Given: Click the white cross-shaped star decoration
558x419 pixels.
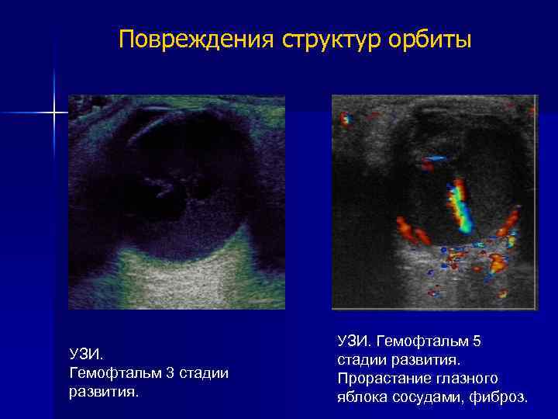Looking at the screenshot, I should tap(54, 113).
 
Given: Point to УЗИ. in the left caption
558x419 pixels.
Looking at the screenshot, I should tap(85, 355).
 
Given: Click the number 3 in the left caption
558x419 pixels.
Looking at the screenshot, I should tap(168, 373).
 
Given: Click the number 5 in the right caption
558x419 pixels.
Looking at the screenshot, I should tap(477, 341).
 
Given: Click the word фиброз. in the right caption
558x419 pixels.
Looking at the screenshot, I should tap(503, 397).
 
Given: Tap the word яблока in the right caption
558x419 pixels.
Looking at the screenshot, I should tap(364, 397).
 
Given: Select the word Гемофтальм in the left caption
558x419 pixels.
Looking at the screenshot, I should tap(115, 373).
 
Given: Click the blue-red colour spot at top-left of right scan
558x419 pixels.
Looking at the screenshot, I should tap(346, 119).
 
